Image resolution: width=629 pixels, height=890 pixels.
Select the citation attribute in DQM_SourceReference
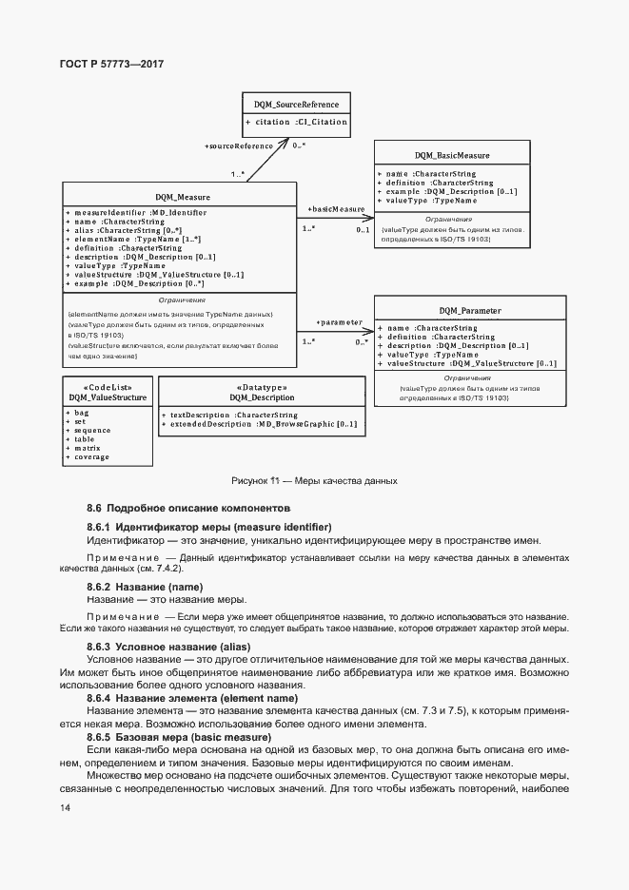tap(296, 122)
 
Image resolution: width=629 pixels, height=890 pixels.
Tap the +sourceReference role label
tap(239, 145)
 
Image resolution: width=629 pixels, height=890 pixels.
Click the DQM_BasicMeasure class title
tap(452, 154)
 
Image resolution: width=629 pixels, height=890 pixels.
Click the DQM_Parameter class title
tap(470, 310)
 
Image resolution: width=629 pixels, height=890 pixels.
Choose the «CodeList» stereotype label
tap(107, 387)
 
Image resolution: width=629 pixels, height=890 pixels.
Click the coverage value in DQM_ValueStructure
tap(90, 455)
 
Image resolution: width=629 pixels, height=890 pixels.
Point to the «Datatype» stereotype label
tap(262, 387)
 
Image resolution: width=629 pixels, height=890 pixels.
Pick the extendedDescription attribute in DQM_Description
tap(260, 423)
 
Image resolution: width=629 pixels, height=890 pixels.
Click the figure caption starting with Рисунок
tap(314, 481)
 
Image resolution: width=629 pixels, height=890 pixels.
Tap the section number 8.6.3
tap(99, 647)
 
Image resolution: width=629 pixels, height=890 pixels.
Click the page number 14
tap(65, 807)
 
